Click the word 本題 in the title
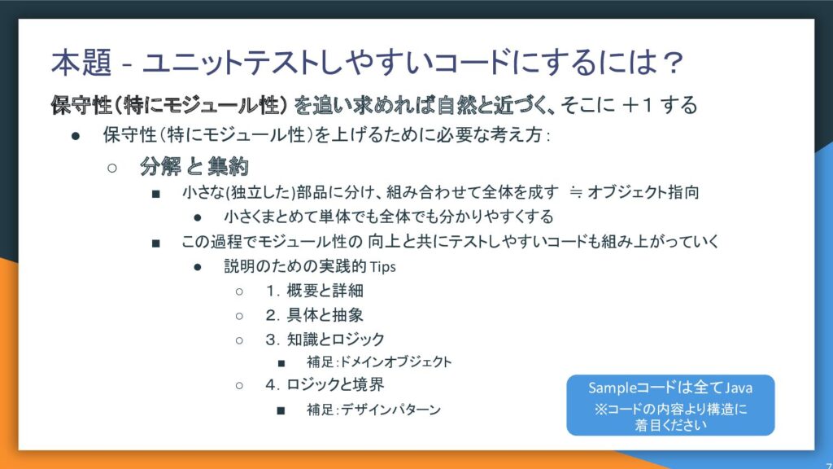[81, 62]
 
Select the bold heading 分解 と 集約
[194, 166]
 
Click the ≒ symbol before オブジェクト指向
[575, 192]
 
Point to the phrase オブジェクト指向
[643, 192]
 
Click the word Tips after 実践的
[382, 266]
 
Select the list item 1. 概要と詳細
[315, 291]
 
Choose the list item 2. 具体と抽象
[315, 315]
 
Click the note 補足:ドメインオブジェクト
[379, 362]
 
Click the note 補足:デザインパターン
[374, 410]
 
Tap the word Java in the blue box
[739, 388]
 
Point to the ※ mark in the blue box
[600, 410]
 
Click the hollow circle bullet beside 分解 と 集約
[112, 168]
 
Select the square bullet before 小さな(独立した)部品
[155, 194]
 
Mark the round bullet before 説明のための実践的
[198, 267]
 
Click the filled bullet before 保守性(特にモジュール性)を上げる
[76, 136]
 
